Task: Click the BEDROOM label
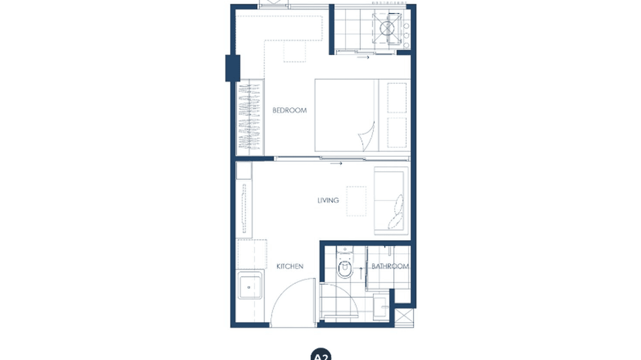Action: click(289, 110)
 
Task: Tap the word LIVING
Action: click(328, 201)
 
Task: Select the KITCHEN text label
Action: click(290, 266)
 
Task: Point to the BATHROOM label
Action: click(390, 266)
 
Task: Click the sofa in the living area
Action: click(392, 201)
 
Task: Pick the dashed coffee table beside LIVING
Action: click(356, 201)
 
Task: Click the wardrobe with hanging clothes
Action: click(250, 117)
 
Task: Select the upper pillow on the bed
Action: click(396, 98)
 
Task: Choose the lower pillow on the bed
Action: click(396, 132)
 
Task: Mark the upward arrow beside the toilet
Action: click(361, 272)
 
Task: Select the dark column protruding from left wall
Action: click(233, 68)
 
